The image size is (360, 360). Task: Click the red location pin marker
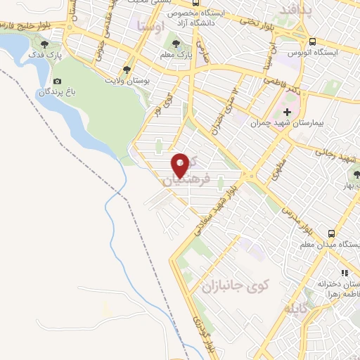click(181, 165)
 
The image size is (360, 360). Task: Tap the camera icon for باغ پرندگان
click(57, 82)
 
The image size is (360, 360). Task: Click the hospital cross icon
click(288, 112)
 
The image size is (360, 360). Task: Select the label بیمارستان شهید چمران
click(288, 123)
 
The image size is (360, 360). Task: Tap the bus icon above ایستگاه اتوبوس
click(312, 41)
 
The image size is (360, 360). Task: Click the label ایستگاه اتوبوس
click(314, 53)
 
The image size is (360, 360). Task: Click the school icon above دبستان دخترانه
click(345, 272)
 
